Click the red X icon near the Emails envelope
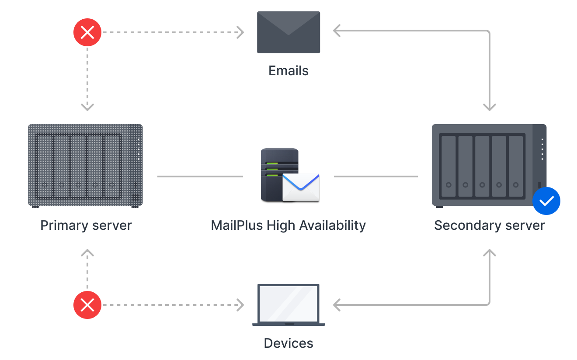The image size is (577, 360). pos(87,32)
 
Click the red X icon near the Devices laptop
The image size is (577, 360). pos(87,305)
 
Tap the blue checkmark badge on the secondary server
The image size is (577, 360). pos(546,201)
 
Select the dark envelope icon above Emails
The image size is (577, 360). pos(288,32)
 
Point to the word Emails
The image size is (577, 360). pos(288,71)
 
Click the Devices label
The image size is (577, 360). pos(288,343)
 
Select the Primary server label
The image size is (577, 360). pos(86,225)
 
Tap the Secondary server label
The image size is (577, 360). pos(490,225)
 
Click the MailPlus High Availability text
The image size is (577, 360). pos(288,225)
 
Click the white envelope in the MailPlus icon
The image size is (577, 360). pos(301,187)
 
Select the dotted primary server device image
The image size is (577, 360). pos(85,165)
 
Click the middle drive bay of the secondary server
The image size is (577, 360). pos(482,166)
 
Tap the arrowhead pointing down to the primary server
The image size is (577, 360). pos(87,107)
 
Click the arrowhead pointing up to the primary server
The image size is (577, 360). pos(87,253)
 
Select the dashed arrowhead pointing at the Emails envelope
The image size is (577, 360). pos(240,32)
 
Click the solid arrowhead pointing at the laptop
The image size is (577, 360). pos(337,305)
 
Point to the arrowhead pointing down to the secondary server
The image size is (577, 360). pos(490,107)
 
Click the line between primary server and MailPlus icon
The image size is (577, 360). pos(200,177)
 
